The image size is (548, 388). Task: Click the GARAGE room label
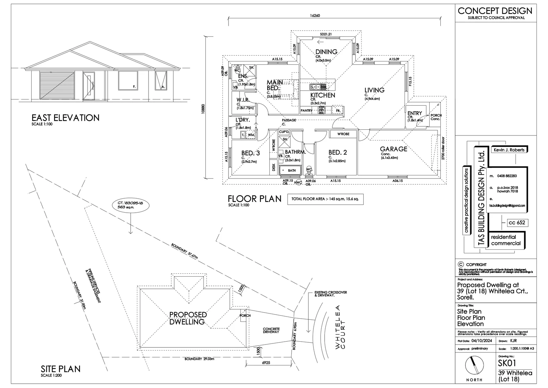(393, 149)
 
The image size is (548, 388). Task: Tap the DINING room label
(326, 52)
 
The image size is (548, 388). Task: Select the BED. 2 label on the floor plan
(337, 153)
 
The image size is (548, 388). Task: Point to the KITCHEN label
(323, 95)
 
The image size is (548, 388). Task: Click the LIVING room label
(374, 90)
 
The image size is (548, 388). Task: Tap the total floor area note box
(325, 199)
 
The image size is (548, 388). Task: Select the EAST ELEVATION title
(65, 118)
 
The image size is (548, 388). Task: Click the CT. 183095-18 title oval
(131, 205)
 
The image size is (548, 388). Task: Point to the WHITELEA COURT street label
(339, 327)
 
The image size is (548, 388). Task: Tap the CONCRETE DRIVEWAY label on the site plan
(271, 331)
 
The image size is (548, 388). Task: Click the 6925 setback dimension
(266, 363)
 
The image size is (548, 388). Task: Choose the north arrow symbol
(474, 366)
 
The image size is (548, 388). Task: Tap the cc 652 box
(517, 223)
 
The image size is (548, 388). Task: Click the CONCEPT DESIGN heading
(495, 11)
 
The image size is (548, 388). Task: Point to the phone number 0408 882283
(507, 176)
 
